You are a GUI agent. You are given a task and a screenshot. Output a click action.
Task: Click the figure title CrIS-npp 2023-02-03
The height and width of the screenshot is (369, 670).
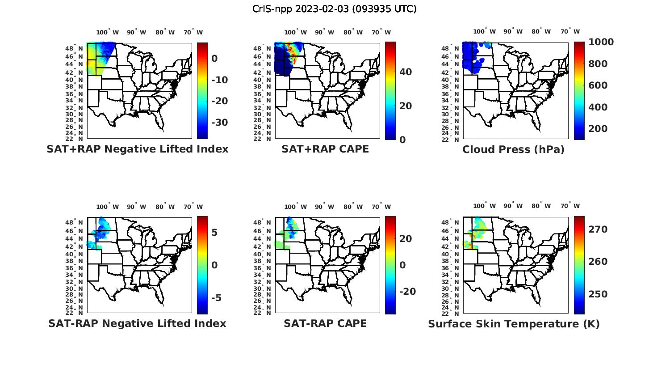[334, 9]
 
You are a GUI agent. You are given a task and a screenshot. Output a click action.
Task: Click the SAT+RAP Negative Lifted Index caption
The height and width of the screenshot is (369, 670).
[138, 149]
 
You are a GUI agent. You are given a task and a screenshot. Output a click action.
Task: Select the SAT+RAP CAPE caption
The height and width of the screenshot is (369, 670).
[325, 149]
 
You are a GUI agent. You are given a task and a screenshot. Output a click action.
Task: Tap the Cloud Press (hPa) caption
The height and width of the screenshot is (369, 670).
[513, 149]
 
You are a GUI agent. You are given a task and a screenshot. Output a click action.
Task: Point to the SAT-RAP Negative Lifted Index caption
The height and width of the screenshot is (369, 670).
[137, 323]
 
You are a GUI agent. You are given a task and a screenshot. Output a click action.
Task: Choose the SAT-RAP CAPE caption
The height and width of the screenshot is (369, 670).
[325, 323]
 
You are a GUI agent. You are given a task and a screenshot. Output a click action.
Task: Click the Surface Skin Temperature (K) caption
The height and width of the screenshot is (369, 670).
[514, 324]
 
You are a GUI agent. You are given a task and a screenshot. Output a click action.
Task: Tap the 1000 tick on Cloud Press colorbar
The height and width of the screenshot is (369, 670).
[601, 42]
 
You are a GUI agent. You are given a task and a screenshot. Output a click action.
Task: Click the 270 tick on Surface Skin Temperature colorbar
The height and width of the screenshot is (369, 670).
[598, 229]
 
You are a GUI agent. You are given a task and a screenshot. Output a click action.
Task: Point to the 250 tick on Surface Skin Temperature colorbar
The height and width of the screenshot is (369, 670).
[598, 294]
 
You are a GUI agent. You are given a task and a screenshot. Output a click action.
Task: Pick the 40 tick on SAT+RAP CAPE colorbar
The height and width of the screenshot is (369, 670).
[406, 72]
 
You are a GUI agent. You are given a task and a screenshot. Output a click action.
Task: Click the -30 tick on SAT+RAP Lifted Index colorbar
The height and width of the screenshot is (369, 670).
[219, 123]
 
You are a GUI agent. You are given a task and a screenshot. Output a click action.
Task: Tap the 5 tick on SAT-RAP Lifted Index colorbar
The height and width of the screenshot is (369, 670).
[214, 233]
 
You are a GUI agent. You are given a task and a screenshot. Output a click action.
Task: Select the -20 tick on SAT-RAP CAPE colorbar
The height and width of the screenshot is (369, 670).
[407, 292]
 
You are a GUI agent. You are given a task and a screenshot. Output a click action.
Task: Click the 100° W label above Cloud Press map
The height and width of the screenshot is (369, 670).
[484, 32]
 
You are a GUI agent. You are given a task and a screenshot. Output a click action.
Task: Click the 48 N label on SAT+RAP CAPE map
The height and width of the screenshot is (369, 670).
[265, 48]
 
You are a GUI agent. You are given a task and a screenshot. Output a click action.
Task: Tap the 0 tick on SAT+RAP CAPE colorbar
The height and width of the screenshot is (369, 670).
[402, 140]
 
